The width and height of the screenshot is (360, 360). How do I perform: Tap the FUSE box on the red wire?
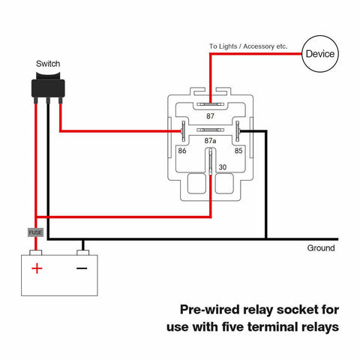click(x=35, y=232)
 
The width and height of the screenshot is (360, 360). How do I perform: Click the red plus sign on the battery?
click(x=37, y=268)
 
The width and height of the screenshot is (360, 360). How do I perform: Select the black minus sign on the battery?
click(x=82, y=268)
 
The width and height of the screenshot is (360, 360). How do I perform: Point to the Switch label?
click(x=48, y=64)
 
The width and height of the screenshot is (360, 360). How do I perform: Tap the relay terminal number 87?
click(x=210, y=116)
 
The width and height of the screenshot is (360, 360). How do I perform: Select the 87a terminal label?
click(x=210, y=141)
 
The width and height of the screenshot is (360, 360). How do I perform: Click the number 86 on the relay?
click(x=182, y=151)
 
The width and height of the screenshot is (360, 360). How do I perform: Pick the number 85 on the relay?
click(x=238, y=151)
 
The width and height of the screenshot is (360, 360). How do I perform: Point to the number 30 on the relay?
click(x=223, y=167)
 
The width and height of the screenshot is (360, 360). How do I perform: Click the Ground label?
click(x=321, y=248)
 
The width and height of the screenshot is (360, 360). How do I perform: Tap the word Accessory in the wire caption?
click(x=259, y=46)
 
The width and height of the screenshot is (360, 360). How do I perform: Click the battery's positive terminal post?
click(x=36, y=253)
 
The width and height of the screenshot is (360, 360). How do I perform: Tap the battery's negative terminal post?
click(x=83, y=253)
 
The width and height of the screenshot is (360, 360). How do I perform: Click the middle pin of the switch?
click(x=48, y=100)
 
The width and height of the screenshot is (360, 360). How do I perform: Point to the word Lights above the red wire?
click(x=228, y=46)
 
